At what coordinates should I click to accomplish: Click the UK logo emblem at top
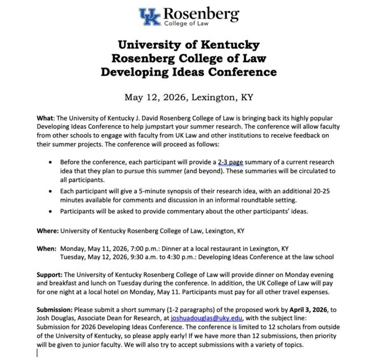(150, 17)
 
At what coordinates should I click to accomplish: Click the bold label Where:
(47, 231)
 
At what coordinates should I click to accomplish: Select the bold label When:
(46, 249)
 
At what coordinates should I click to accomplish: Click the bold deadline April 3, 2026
(322, 308)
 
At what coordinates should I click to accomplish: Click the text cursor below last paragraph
(38, 353)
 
